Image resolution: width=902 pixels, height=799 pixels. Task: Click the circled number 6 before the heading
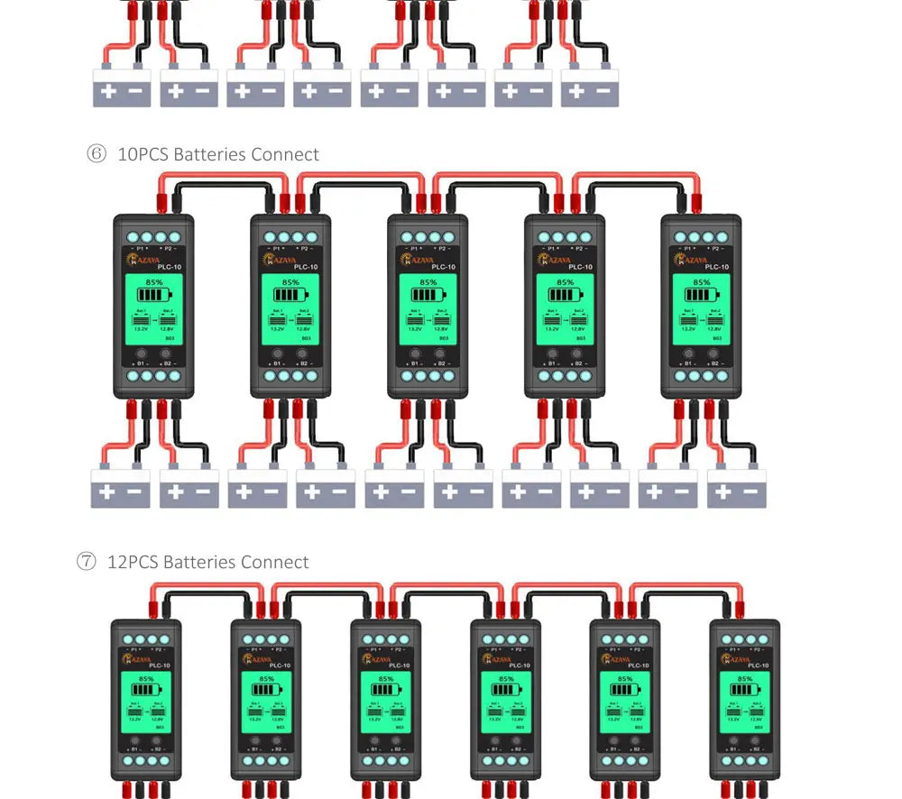[96, 154]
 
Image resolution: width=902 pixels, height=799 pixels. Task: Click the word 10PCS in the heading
[143, 154]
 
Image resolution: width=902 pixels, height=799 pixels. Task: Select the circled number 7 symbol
[86, 562]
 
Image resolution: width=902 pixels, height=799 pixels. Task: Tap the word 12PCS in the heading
[133, 562]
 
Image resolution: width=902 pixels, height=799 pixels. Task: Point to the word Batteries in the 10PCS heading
[209, 154]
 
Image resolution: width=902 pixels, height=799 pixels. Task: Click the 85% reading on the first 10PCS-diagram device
[153, 282]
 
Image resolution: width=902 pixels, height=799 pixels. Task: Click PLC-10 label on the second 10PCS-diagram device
[307, 267]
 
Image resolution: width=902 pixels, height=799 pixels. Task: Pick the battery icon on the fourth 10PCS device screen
[565, 295]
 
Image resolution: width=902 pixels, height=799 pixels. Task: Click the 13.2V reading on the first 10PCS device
[141, 329]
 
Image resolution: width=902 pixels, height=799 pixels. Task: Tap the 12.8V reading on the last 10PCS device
[713, 329]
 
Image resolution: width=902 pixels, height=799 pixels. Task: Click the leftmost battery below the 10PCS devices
[121, 489]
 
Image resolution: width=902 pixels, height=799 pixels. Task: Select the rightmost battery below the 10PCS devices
[736, 489]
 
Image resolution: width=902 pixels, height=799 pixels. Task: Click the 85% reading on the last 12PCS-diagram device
[745, 679]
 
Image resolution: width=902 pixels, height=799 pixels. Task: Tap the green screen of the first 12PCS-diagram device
[146, 702]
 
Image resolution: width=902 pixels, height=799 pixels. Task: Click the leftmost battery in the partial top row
[122, 88]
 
